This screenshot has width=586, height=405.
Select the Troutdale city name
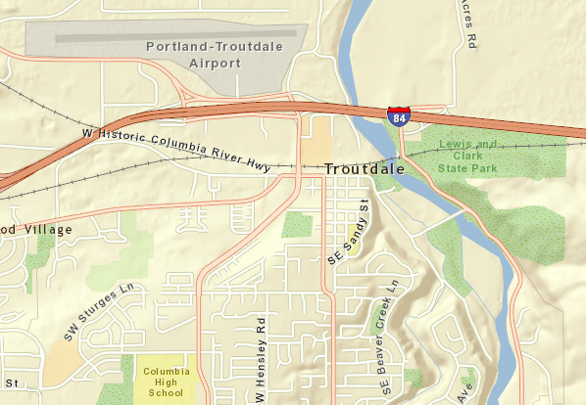(x=365, y=169)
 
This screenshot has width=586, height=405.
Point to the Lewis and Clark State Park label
(x=468, y=157)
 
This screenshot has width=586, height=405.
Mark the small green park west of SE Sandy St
(x=298, y=225)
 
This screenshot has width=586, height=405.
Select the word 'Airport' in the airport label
(x=216, y=64)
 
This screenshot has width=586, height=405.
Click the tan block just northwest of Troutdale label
(x=316, y=143)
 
